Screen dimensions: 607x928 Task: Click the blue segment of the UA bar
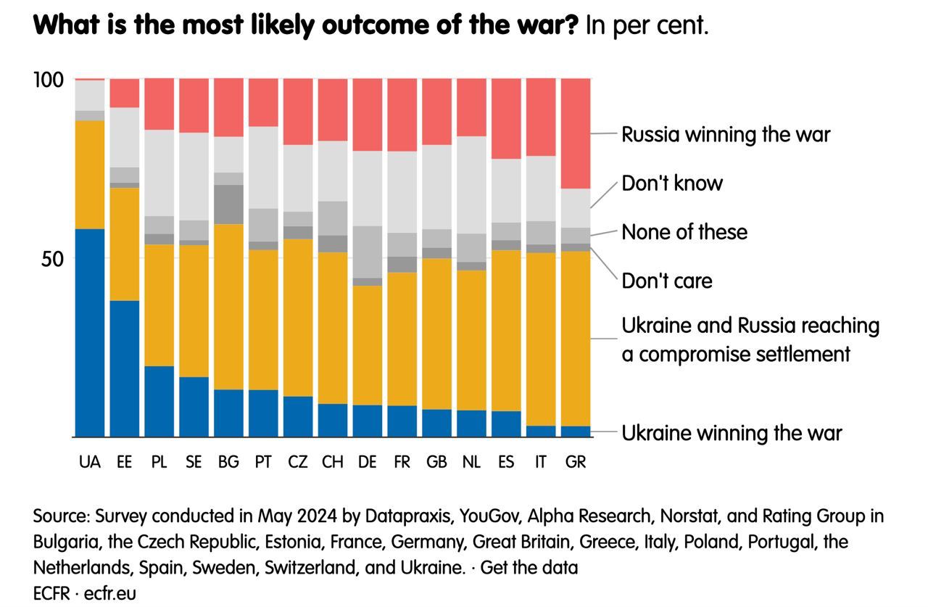tap(90, 333)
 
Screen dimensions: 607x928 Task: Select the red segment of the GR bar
tap(576, 133)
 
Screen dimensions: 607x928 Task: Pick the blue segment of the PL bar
tap(159, 401)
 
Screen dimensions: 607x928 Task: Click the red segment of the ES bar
tap(506, 118)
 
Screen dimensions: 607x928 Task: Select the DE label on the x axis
tap(367, 462)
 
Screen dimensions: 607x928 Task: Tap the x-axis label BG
tap(228, 462)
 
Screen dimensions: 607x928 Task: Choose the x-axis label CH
tap(332, 462)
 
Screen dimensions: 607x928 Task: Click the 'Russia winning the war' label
tap(725, 134)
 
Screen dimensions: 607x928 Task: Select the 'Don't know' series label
tap(672, 183)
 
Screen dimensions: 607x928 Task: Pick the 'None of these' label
tap(684, 232)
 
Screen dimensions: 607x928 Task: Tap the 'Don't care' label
tap(667, 281)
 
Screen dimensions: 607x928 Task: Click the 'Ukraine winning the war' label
tap(731, 433)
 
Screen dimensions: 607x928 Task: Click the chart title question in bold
tap(305, 26)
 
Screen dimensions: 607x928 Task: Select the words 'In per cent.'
tap(647, 26)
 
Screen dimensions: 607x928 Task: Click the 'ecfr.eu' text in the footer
tap(110, 592)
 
